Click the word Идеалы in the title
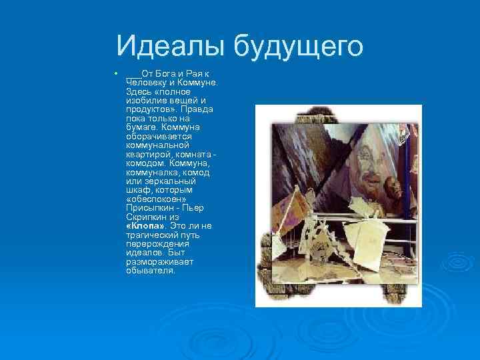(x=172, y=46)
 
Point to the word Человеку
(x=145, y=81)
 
